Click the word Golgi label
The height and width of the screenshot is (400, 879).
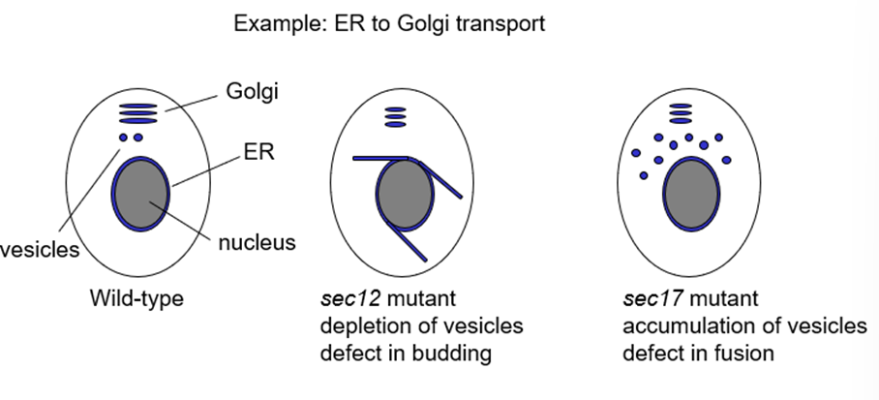coord(253,91)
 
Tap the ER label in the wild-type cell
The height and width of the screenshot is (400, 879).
coord(259,151)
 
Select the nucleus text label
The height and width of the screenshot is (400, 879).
coord(257,242)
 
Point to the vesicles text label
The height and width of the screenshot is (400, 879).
coord(40,250)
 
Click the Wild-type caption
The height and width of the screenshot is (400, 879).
coord(136,298)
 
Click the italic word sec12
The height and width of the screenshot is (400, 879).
coord(350,298)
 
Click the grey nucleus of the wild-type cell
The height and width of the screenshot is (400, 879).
coord(140,194)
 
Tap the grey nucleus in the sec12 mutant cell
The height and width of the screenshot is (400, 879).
coord(405,194)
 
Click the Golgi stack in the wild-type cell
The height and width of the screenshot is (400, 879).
coord(137,113)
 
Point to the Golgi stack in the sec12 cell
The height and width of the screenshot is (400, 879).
coord(395,117)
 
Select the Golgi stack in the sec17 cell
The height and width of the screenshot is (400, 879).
coord(681,113)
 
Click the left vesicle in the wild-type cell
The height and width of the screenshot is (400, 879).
coord(123,138)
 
